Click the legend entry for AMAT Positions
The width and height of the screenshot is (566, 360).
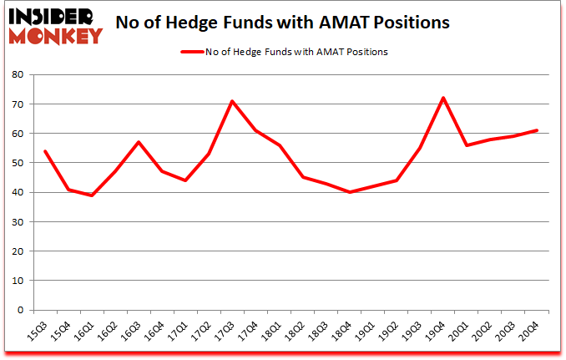284,52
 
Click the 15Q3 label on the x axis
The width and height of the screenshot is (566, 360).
31,332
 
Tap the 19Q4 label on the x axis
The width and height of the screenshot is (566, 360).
430,332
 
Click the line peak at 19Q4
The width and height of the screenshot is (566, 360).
442,98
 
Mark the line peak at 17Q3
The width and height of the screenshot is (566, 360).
231,101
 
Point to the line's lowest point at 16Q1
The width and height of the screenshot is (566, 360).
91,195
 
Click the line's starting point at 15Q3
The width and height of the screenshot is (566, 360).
44,151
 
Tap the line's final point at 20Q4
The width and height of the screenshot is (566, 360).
536,130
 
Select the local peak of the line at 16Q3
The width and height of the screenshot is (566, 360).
138,142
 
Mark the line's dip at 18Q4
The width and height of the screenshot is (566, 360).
349,192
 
